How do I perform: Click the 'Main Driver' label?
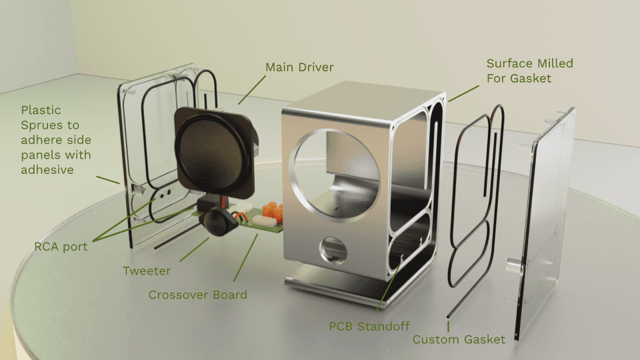tap(299, 67)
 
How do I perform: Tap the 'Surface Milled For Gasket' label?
tap(529, 71)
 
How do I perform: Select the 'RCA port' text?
tap(61, 247)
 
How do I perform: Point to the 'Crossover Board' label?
tap(197, 295)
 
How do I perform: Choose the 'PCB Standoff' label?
tap(369, 327)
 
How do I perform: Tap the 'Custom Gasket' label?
tap(459, 339)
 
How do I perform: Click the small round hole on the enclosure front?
tap(335, 252)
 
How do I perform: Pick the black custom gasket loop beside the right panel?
tap(475, 200)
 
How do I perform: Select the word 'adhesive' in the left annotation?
tap(47, 169)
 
